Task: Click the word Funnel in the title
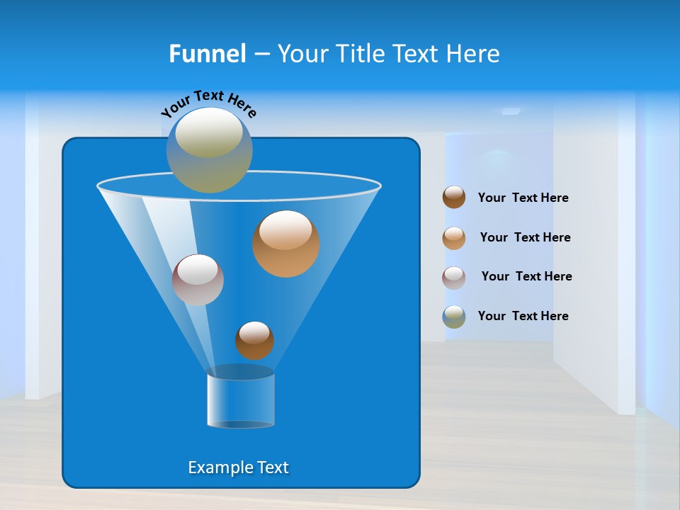coord(208,53)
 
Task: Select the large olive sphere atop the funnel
coord(210,150)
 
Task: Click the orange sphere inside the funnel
coord(286,244)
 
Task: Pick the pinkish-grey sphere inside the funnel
coord(198,280)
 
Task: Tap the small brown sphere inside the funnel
coord(254,341)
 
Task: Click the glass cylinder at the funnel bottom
coord(240,398)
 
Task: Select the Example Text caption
coord(238,467)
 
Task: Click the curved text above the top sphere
coord(209,103)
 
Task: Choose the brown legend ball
coord(454,197)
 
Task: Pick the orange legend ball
coord(454,238)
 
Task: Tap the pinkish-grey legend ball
coord(454,278)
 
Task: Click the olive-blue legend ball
coord(454,317)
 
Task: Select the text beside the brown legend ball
coord(523,198)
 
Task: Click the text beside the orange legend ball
coord(525,238)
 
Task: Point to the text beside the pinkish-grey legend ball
coord(526,277)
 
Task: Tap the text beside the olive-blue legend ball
coord(523,317)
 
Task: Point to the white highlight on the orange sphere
coord(285,229)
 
